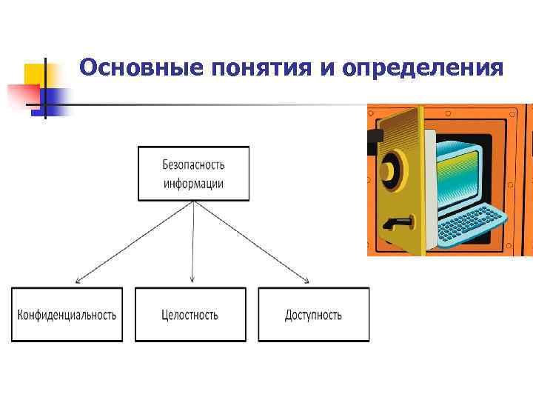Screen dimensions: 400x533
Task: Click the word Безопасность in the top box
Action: coord(193,164)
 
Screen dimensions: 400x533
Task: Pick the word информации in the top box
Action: coord(193,182)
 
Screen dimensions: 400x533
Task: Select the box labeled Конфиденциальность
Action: coord(67,315)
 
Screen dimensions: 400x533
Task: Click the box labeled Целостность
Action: coord(190,315)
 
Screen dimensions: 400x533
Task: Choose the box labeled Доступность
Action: coord(313,315)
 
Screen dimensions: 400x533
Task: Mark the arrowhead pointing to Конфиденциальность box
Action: coord(78,281)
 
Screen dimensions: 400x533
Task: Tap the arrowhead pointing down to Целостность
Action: coord(192,280)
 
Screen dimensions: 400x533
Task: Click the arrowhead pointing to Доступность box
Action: coord(306,280)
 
